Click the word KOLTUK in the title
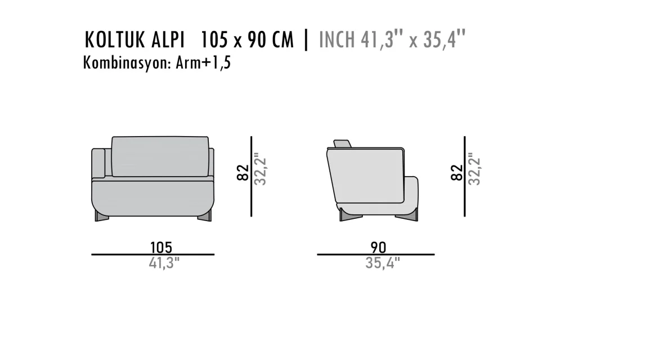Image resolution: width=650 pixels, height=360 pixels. point(115,40)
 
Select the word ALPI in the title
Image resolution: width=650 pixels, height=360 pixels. point(168,40)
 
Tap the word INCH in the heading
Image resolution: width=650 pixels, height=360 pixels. point(337,40)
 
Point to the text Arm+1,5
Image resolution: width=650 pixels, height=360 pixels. point(203,63)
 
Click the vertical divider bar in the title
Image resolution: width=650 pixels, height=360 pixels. point(306,40)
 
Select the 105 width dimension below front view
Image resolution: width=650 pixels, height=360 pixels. point(161,247)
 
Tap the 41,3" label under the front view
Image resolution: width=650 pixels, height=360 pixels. point(164,263)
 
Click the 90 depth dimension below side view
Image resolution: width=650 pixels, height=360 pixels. point(378,247)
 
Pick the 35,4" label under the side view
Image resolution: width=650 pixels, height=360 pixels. point(382,263)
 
